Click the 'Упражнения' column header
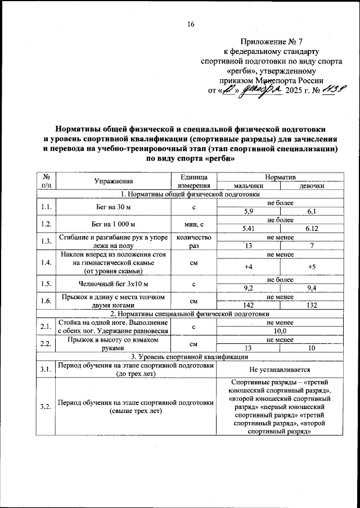click(114, 182)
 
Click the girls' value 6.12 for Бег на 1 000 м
click(311, 229)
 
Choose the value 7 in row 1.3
click(311, 246)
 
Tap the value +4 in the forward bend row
click(248, 267)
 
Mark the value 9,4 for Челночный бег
click(311, 288)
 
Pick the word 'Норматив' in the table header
click(280, 177)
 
